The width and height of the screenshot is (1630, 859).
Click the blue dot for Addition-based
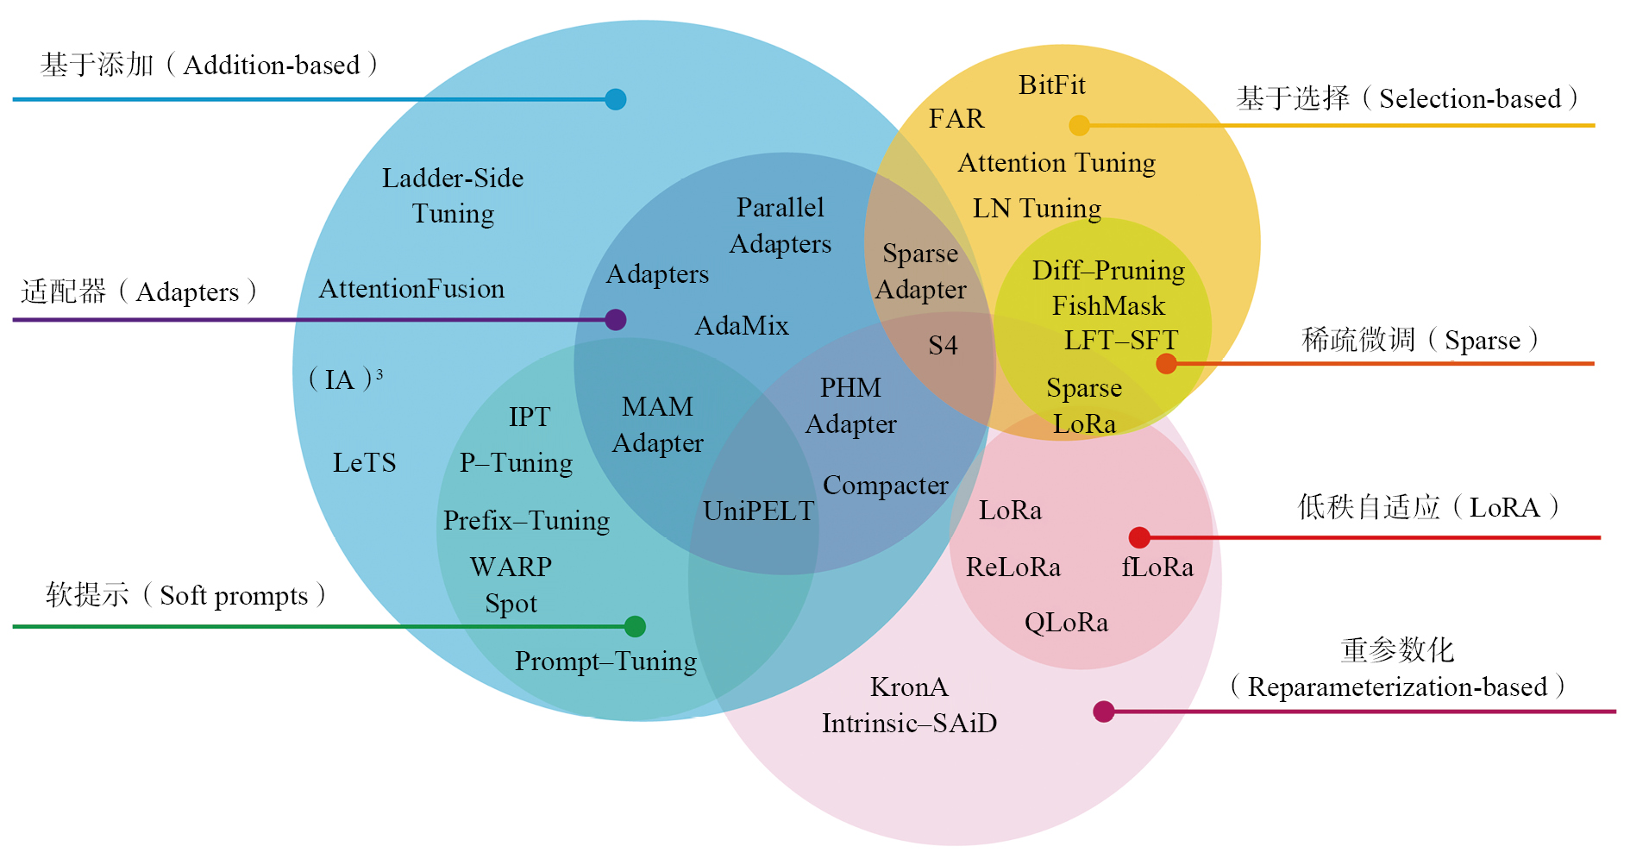click(x=615, y=99)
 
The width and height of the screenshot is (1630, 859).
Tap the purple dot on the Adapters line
click(x=615, y=320)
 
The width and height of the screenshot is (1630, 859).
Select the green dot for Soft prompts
click(x=635, y=626)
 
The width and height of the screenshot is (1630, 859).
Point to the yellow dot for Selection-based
click(x=1079, y=126)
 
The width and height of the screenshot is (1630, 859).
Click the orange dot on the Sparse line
click(x=1166, y=364)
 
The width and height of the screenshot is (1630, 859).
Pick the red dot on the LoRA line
click(x=1139, y=537)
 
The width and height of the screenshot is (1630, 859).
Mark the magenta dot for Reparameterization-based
click(x=1103, y=712)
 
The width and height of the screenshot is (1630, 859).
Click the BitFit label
click(x=1051, y=85)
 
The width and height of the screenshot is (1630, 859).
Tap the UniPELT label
click(x=758, y=511)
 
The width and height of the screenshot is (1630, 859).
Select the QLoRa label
click(x=1066, y=623)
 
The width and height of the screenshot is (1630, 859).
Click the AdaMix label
click(x=742, y=326)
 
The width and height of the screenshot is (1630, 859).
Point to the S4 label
click(x=943, y=346)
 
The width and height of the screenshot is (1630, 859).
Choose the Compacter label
click(x=886, y=486)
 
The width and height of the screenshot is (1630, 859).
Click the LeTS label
click(x=364, y=463)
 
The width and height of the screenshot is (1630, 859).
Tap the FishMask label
click(x=1108, y=306)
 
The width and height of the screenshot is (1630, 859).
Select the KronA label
click(x=909, y=687)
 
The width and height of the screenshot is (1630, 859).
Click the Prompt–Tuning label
click(x=605, y=661)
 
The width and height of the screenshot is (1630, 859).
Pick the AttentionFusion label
click(x=411, y=289)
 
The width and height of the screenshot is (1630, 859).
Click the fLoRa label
click(x=1157, y=567)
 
